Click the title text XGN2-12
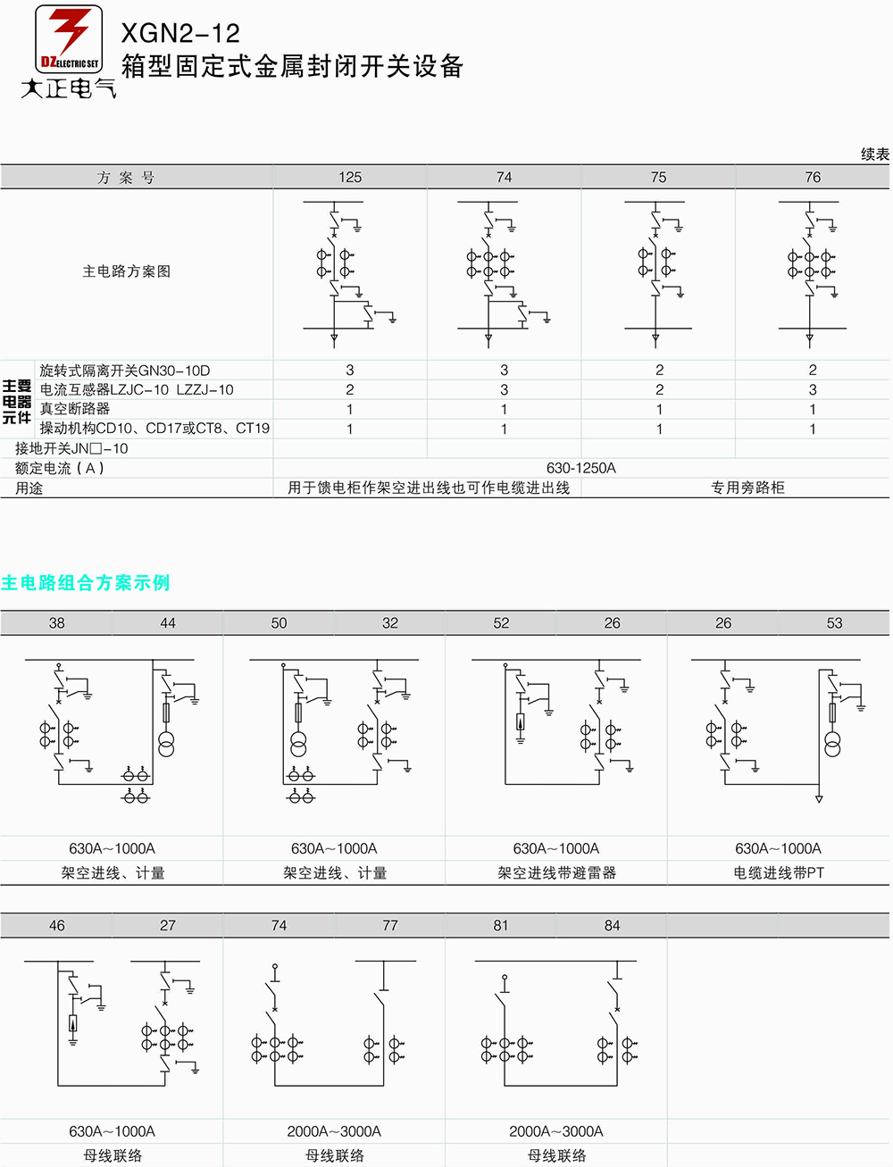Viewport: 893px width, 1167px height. coord(180,34)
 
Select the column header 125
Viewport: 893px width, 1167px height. coord(350,177)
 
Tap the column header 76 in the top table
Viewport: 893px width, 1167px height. coord(813,177)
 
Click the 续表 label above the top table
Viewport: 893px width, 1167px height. coord(875,154)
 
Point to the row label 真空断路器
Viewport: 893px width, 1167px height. coord(75,408)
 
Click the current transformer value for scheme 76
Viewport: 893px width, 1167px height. coord(813,389)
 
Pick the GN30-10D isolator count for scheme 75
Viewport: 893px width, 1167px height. coord(660,370)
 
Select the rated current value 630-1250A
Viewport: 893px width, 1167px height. coord(581,468)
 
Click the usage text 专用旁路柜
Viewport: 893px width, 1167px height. coord(748,488)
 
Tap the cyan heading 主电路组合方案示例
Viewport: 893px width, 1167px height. coord(86,583)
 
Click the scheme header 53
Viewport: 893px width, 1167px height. coord(835,622)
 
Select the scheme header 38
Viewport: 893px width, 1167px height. coord(57,622)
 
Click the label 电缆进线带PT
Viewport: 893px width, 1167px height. coord(779,872)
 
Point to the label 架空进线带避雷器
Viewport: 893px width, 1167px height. coord(556,872)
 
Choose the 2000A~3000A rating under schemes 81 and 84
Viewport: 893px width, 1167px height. coord(556,1131)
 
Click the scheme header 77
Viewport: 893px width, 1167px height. coord(390,925)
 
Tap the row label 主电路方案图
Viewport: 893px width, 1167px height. coord(127,271)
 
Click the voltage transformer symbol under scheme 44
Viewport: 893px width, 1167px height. coord(166,744)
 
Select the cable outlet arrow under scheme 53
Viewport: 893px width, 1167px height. coord(819,798)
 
